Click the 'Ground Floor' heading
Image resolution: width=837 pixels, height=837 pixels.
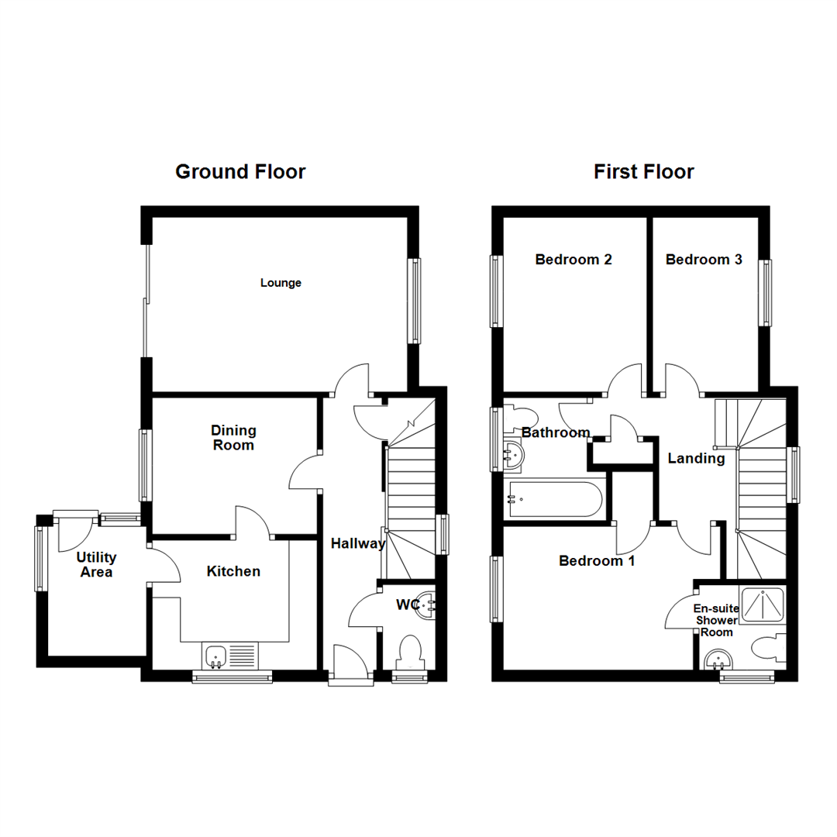point(240,171)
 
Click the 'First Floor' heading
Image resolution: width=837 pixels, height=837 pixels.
point(644,171)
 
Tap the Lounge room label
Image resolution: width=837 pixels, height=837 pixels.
point(281,284)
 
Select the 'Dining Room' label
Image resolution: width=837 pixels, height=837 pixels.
point(232,438)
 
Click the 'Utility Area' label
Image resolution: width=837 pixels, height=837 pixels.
point(96,565)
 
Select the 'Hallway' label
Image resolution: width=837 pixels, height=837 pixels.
point(358,544)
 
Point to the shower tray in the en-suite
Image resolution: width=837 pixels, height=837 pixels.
point(762,605)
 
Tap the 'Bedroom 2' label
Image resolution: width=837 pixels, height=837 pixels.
point(573,260)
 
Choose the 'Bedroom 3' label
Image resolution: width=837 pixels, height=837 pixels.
point(704,260)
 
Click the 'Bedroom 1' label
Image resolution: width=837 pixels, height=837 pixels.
point(597,560)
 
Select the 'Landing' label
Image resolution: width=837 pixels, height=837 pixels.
point(696,459)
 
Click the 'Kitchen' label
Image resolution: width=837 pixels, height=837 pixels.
point(233,572)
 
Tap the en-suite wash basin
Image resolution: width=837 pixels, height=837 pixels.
point(719,660)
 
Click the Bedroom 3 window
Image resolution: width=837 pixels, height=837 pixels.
point(766,292)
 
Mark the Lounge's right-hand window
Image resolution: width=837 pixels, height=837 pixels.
point(415,300)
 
